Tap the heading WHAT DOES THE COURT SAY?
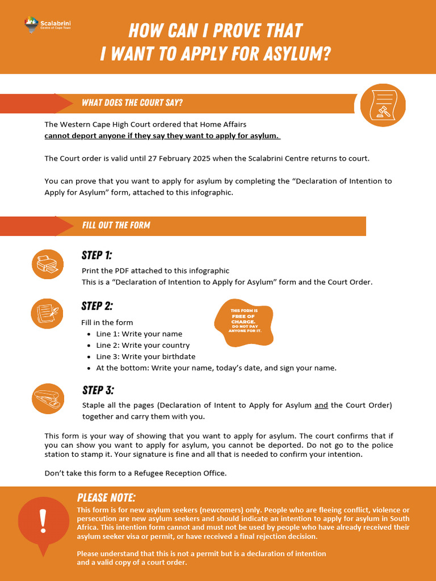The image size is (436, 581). point(132,103)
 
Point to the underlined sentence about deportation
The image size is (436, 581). point(162,136)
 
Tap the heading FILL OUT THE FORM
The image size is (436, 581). point(116,225)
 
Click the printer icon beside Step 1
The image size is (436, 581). point(47,264)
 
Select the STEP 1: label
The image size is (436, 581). point(97,255)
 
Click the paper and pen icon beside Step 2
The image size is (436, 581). point(47,313)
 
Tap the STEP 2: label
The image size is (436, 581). point(97,306)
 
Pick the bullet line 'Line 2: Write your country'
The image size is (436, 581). point(142,345)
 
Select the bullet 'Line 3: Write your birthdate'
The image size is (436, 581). point(145,356)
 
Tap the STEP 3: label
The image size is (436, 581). point(98,390)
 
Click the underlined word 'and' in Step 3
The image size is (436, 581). point(321,405)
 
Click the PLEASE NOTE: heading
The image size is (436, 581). point(106,498)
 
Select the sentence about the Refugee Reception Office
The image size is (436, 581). point(135,473)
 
